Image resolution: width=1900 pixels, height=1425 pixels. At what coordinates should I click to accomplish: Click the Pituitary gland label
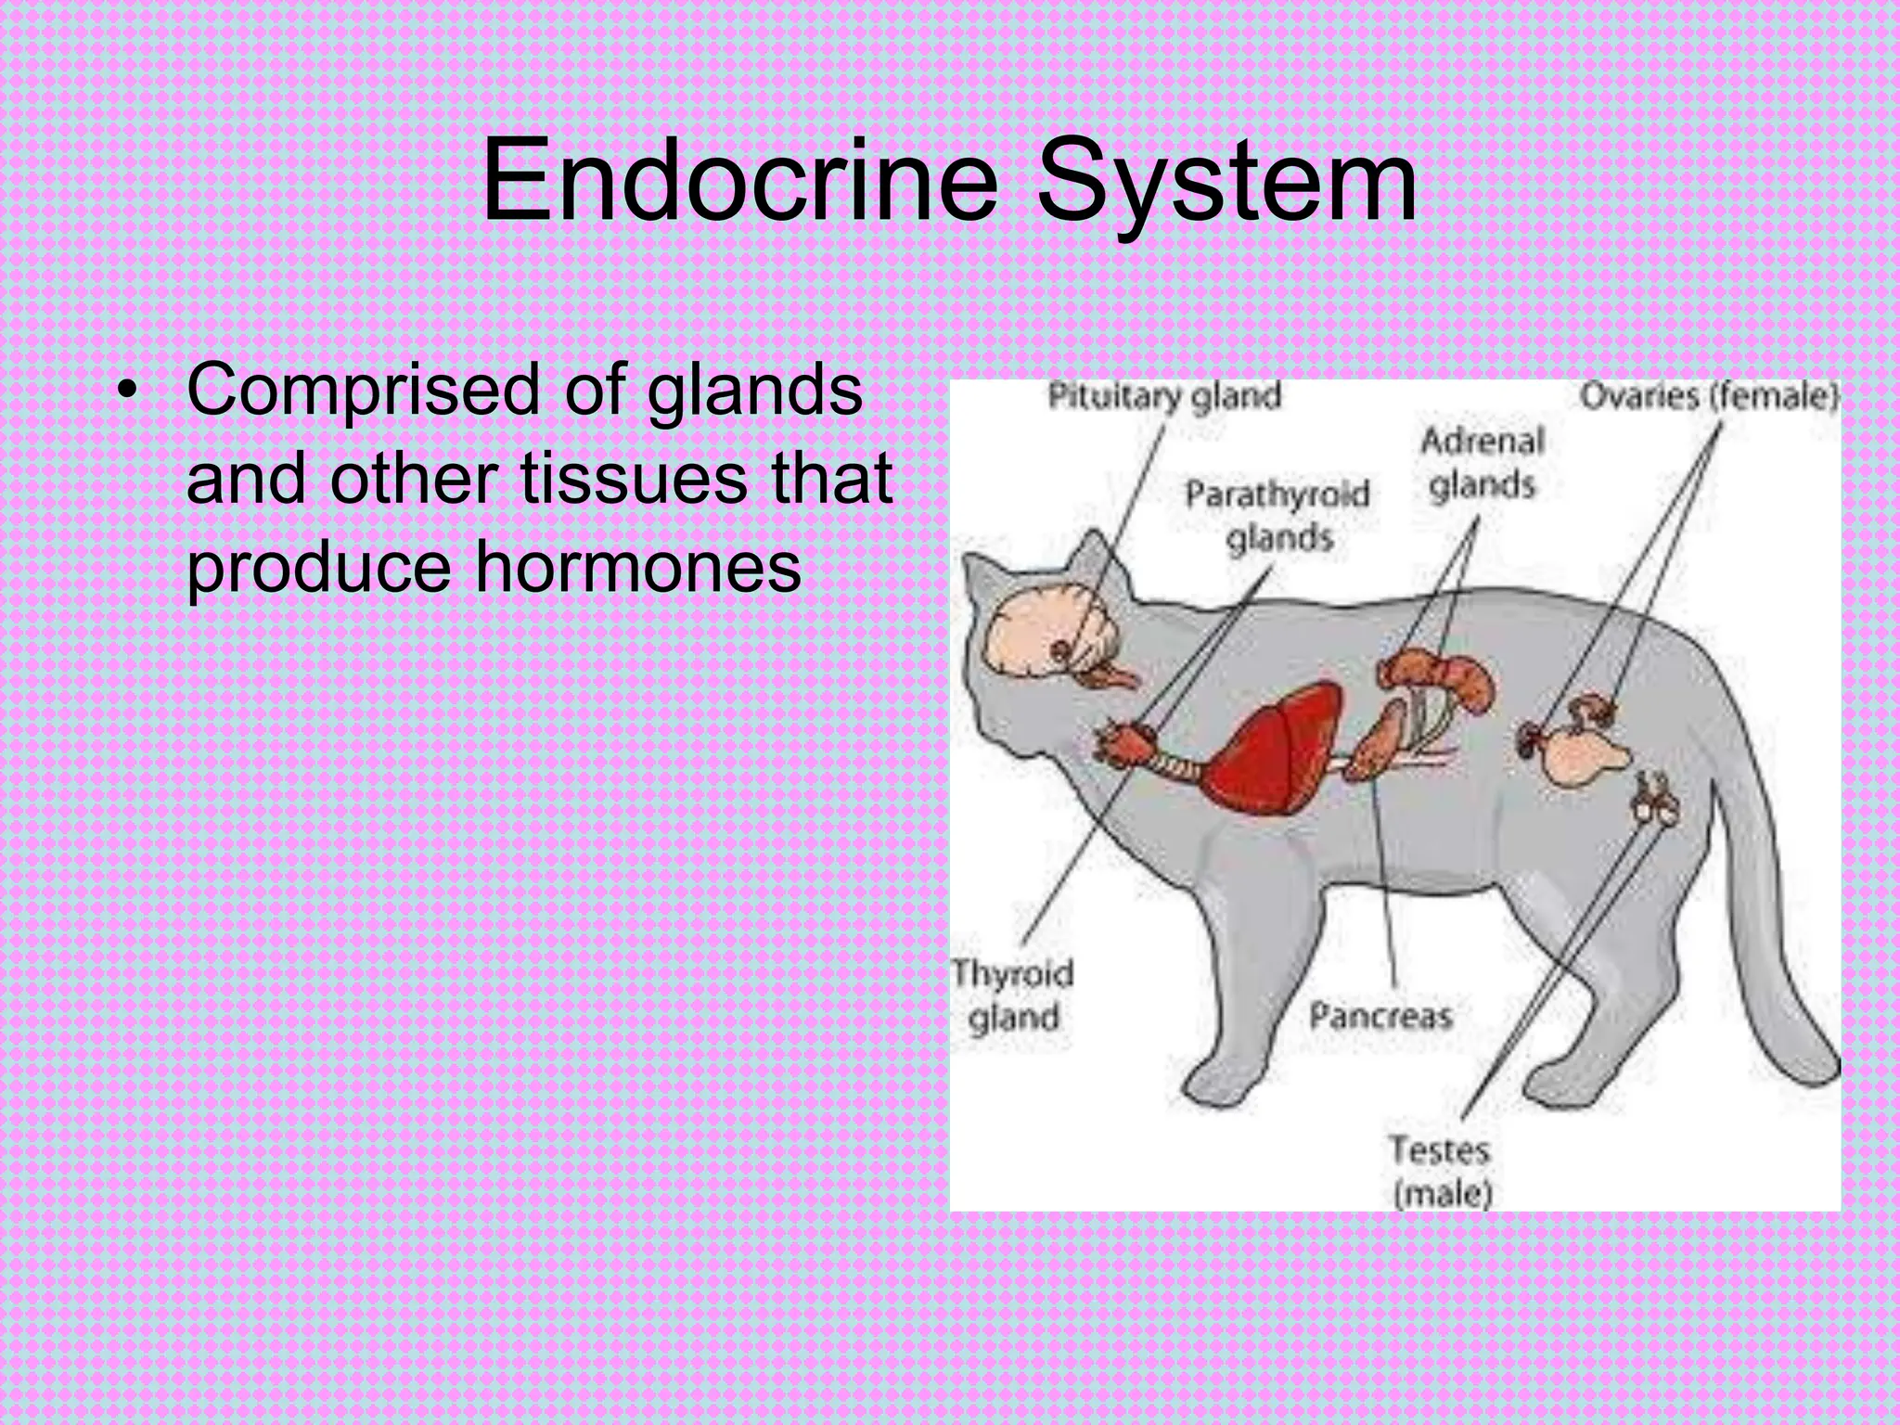click(x=1164, y=397)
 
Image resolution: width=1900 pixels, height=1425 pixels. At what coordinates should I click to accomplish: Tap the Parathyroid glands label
click(x=1277, y=516)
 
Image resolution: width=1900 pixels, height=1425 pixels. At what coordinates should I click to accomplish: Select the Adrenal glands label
click(x=1483, y=462)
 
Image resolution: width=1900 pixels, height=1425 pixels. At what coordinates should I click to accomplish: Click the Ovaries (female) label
click(x=1708, y=397)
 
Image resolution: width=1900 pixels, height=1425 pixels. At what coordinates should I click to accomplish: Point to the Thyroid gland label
click(x=1012, y=995)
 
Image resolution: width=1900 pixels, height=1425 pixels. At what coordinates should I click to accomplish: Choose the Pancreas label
click(x=1380, y=1016)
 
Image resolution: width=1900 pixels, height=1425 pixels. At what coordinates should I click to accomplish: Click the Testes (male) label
click(x=1441, y=1171)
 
